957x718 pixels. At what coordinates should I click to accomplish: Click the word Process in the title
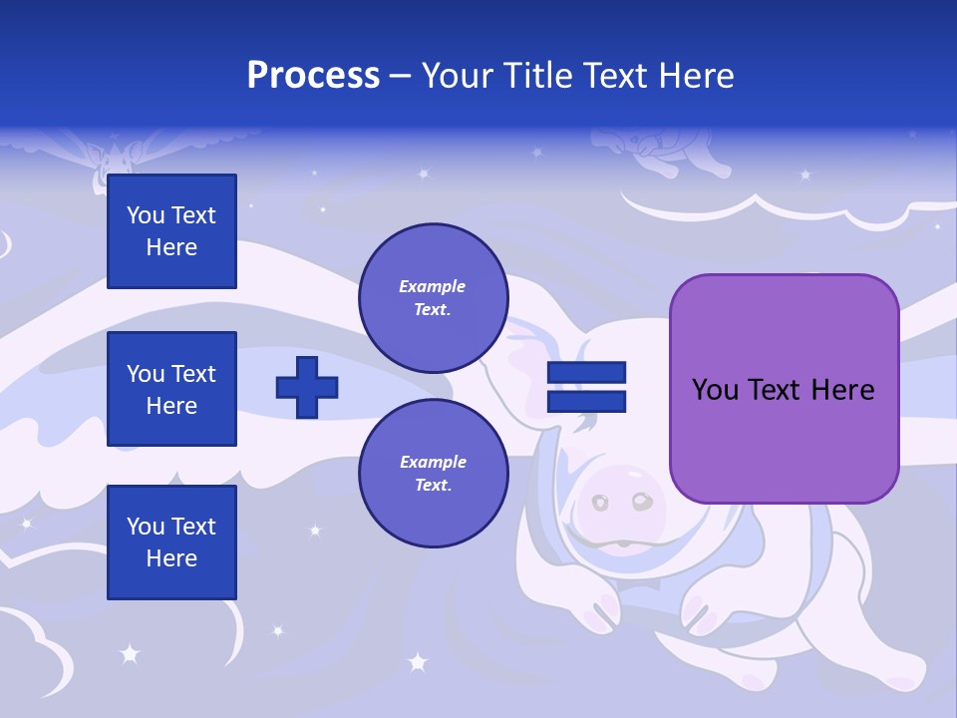point(313,76)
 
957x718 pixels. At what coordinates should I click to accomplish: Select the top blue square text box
point(171,231)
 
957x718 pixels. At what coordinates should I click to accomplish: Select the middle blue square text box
point(171,389)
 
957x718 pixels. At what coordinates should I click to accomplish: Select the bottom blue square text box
point(171,541)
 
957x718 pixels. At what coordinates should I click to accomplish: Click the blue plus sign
point(307,387)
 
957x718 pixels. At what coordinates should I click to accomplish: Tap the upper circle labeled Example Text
point(433,298)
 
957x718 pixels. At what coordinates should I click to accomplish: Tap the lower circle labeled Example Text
point(433,473)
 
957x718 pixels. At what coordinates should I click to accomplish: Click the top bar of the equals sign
point(586,372)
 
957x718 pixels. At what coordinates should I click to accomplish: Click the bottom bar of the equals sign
point(586,402)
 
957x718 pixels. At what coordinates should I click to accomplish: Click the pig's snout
point(624,505)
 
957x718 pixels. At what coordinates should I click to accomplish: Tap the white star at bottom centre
point(418,661)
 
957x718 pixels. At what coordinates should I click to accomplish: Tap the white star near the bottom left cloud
point(129,654)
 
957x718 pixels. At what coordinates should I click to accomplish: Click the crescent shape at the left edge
point(6,243)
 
